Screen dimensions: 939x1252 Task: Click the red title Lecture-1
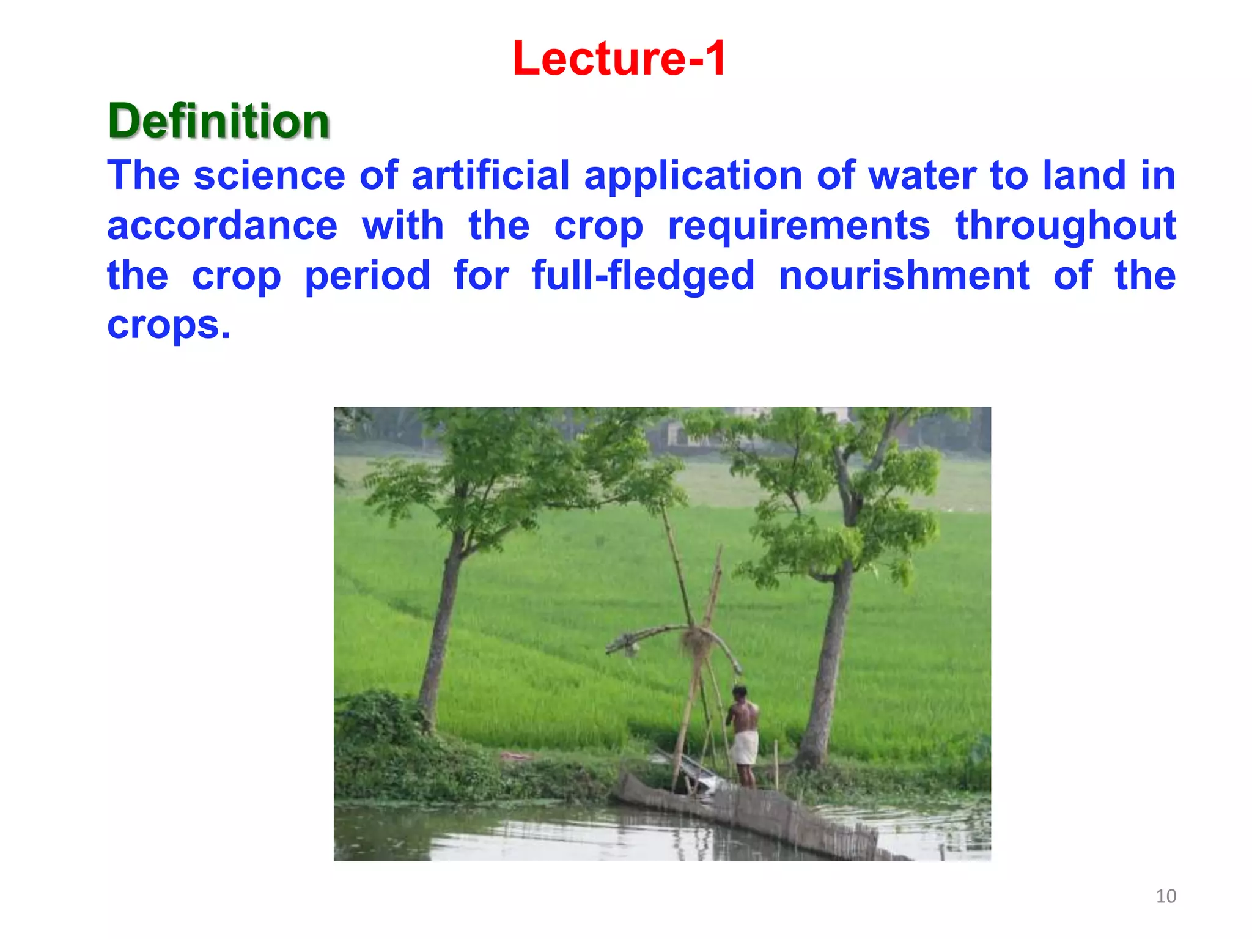(619, 58)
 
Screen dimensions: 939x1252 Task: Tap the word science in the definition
(270, 175)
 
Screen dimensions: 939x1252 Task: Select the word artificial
(490, 175)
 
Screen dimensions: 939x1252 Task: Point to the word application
(693, 177)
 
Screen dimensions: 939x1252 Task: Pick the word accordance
(222, 226)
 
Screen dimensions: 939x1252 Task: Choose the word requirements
(798, 227)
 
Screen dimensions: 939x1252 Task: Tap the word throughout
(1065, 227)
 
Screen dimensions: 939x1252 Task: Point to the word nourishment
(904, 276)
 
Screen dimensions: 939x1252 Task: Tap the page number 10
(1166, 896)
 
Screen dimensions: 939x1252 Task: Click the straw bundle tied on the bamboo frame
(698, 641)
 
